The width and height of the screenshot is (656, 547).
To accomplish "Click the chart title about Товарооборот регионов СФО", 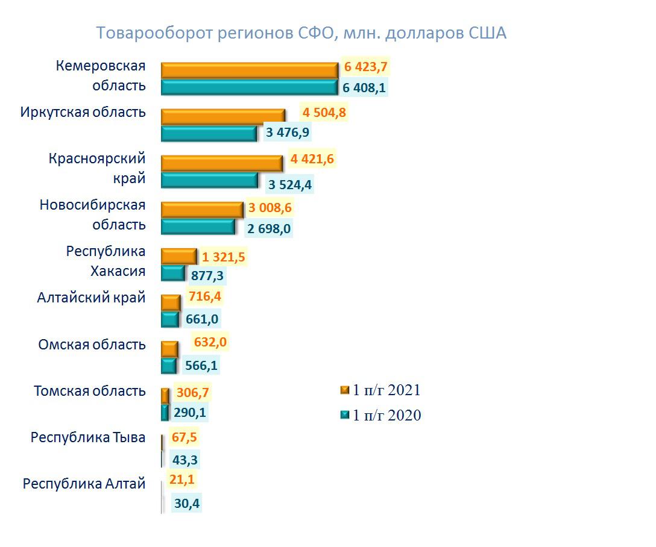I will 301,33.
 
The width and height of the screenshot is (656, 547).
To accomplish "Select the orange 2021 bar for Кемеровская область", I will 249,70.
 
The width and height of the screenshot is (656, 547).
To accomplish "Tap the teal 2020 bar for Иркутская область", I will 209,133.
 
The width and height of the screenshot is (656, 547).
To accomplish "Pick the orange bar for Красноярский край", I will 221,163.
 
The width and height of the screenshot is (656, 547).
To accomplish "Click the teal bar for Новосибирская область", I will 198,227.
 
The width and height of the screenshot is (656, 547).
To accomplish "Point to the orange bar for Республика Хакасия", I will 178,256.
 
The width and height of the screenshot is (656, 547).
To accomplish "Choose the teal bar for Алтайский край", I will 170,319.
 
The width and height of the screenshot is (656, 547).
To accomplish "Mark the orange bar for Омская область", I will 169,349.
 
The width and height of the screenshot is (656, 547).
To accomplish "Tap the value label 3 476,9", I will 288,132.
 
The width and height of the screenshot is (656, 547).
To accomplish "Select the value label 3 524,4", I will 289,184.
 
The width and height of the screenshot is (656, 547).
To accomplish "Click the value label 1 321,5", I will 223,257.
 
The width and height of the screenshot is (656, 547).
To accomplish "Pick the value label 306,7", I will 193,393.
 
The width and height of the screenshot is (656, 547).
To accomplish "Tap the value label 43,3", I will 185,460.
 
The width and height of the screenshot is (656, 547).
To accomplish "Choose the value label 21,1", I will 184,480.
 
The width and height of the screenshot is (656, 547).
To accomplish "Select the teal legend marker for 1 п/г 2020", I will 345,415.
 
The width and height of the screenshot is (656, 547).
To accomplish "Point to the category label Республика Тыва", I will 88,437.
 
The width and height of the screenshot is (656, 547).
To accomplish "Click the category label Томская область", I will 90,391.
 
